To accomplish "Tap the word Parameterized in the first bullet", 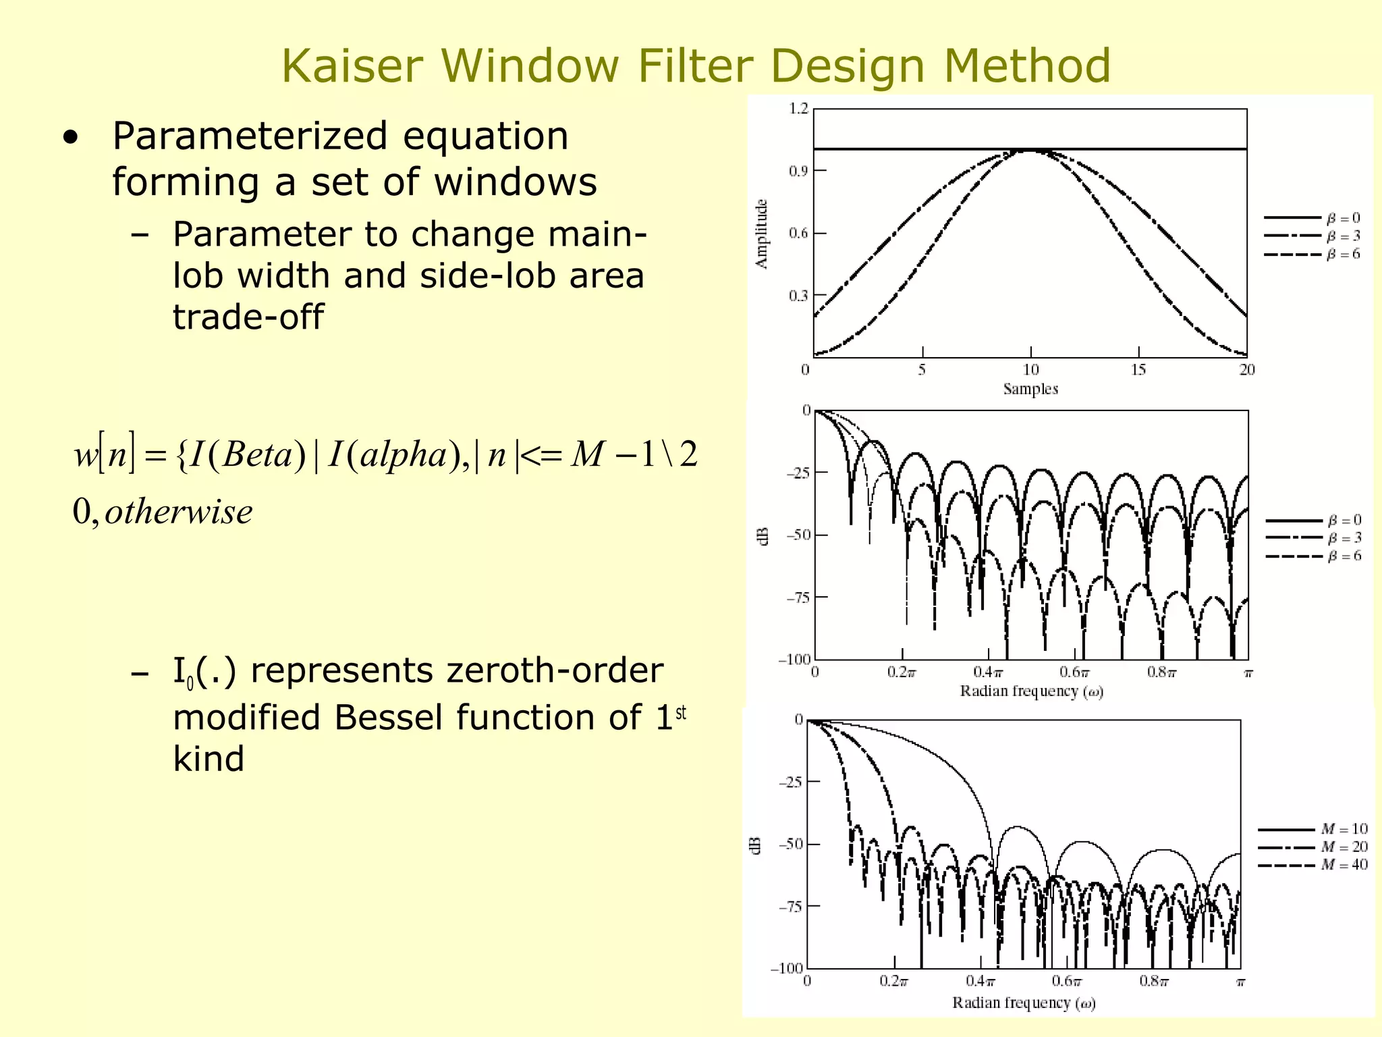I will pyautogui.click(x=250, y=136).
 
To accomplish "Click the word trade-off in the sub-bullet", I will pyautogui.click(x=248, y=317).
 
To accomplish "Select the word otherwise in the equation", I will pyautogui.click(x=179, y=512).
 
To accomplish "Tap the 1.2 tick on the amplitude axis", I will pyautogui.click(x=798, y=109).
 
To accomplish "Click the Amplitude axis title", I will pyautogui.click(x=762, y=234).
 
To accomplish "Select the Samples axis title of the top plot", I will pyautogui.click(x=1030, y=389).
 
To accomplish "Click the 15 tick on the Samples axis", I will pyautogui.click(x=1138, y=369).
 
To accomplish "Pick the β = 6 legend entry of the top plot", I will pyautogui.click(x=1342, y=255).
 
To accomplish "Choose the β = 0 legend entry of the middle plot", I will pyautogui.click(x=1344, y=521).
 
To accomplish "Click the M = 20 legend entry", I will pyautogui.click(x=1344, y=847).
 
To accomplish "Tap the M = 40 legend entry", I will pyautogui.click(x=1344, y=865).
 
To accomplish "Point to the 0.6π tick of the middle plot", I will pyautogui.click(x=1074, y=672).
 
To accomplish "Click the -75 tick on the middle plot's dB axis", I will pyautogui.click(x=797, y=597).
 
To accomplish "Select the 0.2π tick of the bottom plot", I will pyautogui.click(x=893, y=981).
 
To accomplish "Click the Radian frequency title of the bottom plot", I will pyautogui.click(x=1024, y=1003).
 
